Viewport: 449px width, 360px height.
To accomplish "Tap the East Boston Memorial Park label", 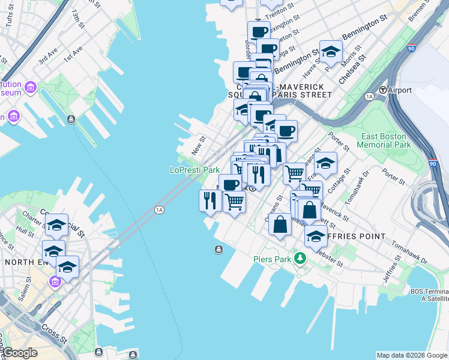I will (x=384, y=140).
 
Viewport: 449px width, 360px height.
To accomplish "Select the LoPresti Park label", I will (x=194, y=170).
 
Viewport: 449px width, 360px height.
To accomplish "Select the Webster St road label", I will (x=328, y=259).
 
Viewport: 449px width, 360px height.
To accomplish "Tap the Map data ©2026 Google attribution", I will (x=412, y=355).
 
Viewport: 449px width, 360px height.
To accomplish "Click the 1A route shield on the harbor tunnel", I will (x=159, y=209).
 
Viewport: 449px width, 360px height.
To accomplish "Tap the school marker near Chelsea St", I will (x=331, y=52).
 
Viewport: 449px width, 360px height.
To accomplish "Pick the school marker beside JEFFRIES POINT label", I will (x=316, y=236).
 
